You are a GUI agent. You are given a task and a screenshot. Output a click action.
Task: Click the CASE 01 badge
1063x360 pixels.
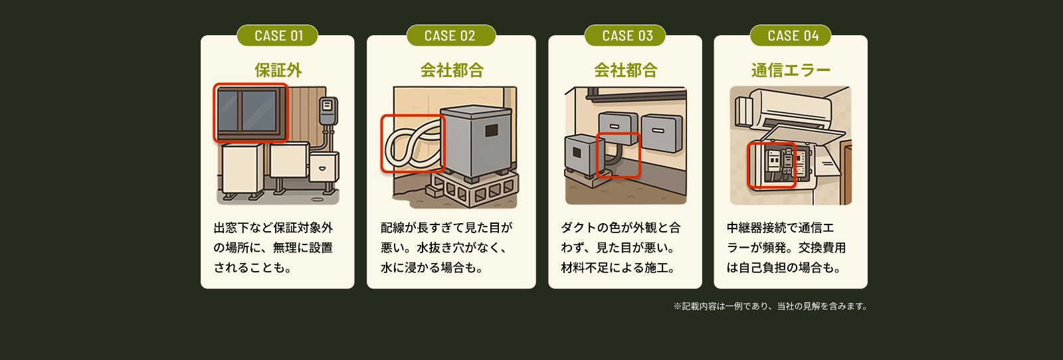278,36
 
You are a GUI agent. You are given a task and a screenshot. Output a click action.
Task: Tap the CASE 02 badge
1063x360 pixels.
450,36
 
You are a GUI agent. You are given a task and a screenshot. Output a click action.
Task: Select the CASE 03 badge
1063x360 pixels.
625,36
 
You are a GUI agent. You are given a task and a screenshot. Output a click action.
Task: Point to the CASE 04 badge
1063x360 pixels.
791,36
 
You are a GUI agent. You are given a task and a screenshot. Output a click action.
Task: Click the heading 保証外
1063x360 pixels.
278,70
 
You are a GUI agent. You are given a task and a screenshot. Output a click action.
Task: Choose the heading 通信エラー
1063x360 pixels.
791,70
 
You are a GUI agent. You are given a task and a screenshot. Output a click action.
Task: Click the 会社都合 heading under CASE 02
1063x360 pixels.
451,70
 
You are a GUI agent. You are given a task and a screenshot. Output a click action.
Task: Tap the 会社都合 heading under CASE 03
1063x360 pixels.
625,70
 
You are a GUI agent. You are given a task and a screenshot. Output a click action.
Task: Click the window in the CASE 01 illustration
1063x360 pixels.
250,112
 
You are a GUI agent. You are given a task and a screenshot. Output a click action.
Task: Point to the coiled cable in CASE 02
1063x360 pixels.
412,143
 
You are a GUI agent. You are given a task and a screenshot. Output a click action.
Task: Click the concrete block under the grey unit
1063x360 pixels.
475,191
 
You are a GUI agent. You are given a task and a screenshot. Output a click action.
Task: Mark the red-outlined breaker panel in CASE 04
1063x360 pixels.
771,165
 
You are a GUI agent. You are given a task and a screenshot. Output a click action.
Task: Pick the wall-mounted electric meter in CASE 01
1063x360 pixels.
327,110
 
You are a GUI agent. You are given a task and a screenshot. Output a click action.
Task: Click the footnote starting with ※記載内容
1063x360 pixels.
770,306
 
